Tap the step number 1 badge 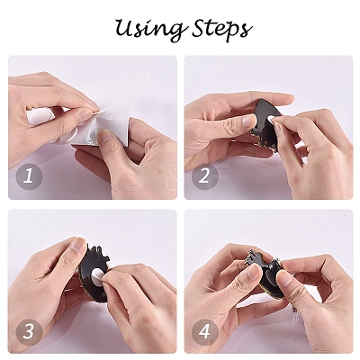(x=28, y=176)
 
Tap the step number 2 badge (x=204, y=176)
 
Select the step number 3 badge (x=28, y=331)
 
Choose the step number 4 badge (x=204, y=331)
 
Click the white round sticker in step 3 (x=98, y=274)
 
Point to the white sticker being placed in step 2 (x=270, y=118)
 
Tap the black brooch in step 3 (x=93, y=273)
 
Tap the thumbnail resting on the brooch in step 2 (x=248, y=121)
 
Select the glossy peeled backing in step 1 (x=83, y=141)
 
